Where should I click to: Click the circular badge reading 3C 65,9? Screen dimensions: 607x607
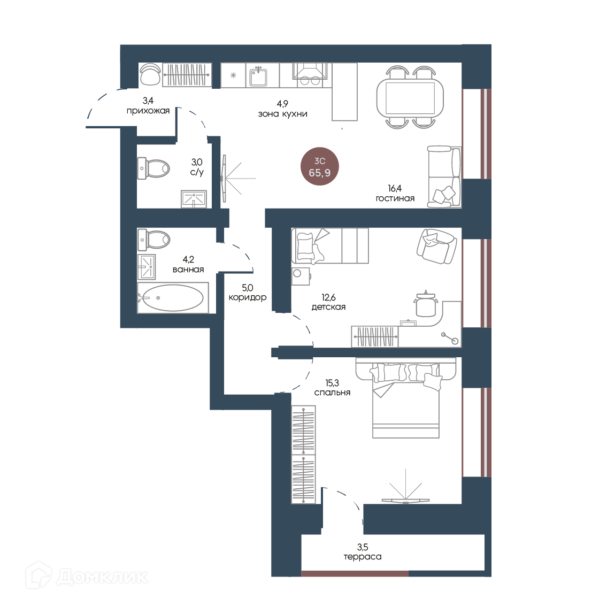[x=320, y=166]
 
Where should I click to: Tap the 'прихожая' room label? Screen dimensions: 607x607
[x=148, y=111]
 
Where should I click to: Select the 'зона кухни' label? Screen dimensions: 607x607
[x=282, y=114]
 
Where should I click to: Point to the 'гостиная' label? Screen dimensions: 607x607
[x=395, y=198]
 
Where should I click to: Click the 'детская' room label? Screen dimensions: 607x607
[x=328, y=307]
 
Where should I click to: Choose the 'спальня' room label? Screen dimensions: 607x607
[x=332, y=393]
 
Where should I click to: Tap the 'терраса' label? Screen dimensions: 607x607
[x=363, y=557]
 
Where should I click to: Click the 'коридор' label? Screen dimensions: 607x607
[x=248, y=297]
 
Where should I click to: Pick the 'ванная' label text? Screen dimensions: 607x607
[x=188, y=270]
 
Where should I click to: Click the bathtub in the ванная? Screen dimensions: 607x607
[x=173, y=298]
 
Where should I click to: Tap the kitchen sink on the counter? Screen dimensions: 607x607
[x=258, y=76]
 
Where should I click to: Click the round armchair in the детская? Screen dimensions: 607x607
[x=436, y=246]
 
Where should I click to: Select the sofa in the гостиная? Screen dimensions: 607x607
[x=444, y=176]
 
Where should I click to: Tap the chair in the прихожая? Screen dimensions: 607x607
[x=150, y=74]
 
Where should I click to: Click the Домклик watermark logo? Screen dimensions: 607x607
[x=87, y=577]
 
